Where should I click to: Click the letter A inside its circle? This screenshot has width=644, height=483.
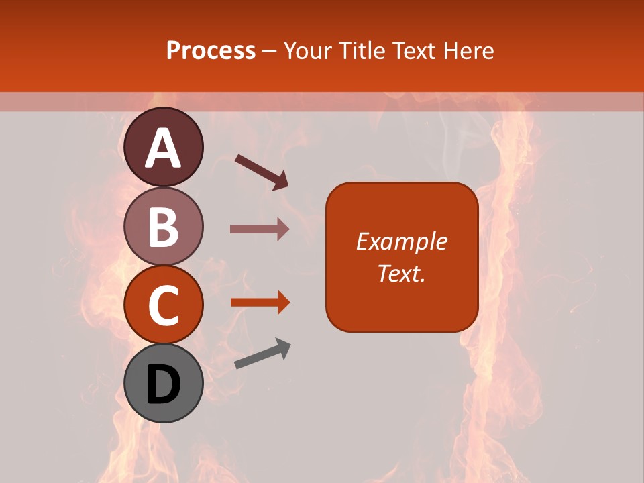(x=164, y=148)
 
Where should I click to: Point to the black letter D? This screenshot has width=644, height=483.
(x=164, y=385)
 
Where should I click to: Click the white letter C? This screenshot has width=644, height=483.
(x=164, y=306)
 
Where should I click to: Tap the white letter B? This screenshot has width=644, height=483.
(x=164, y=227)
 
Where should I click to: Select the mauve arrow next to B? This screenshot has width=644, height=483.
(x=260, y=229)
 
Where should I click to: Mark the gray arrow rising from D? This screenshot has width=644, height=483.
(x=262, y=354)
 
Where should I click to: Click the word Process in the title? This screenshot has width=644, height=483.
(x=211, y=50)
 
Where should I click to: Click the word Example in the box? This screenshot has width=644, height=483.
(x=402, y=241)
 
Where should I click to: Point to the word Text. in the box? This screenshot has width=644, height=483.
(x=402, y=273)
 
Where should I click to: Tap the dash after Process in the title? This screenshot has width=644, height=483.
(x=270, y=51)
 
